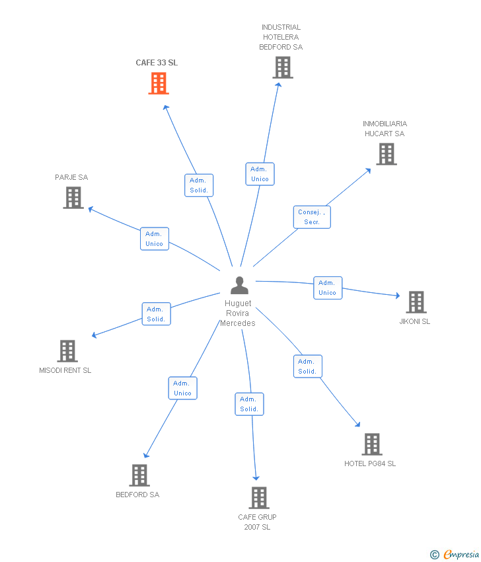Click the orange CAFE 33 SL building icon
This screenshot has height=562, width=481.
(159, 83)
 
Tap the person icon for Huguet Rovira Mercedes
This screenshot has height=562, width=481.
(239, 286)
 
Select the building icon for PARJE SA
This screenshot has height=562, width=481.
(73, 198)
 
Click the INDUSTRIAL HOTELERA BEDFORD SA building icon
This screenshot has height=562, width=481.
(283, 67)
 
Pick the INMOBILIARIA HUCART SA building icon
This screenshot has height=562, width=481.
(387, 154)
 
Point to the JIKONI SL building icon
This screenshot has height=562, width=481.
(416, 302)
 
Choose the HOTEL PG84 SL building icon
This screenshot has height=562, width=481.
(371, 444)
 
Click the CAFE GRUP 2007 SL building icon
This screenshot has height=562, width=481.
(259, 498)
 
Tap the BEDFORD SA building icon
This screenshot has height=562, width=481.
(139, 475)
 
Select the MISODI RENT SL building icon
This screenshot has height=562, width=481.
(67, 351)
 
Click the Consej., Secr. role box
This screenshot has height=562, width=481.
(312, 217)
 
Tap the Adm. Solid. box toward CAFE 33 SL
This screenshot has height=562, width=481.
(198, 185)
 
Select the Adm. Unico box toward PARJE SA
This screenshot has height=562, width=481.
(154, 239)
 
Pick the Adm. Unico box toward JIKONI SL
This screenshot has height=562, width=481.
(327, 288)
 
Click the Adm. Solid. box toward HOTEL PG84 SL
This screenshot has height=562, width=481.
(307, 366)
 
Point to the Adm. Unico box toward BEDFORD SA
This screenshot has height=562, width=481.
(182, 388)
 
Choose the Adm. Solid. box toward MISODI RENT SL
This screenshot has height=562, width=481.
(156, 314)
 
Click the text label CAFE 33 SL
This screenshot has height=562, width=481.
(157, 63)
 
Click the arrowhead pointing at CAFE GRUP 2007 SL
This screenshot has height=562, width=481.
(256, 477)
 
